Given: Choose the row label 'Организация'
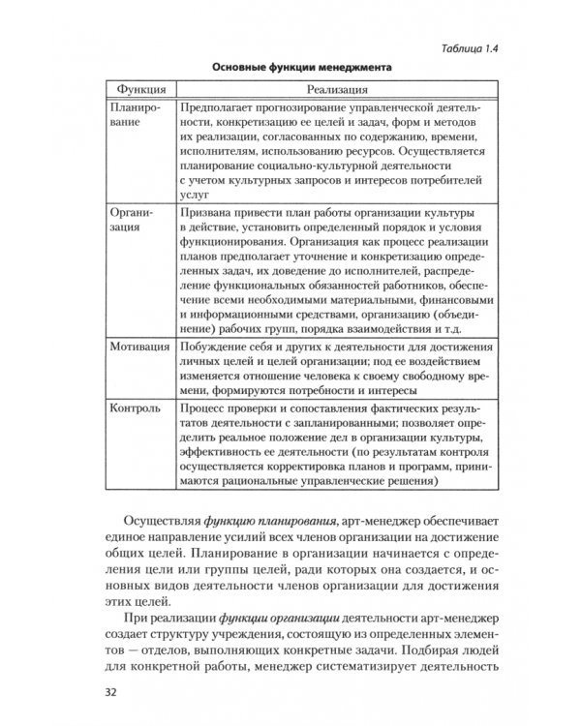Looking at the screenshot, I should (x=133, y=220).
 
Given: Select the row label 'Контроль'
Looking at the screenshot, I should (x=136, y=409).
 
